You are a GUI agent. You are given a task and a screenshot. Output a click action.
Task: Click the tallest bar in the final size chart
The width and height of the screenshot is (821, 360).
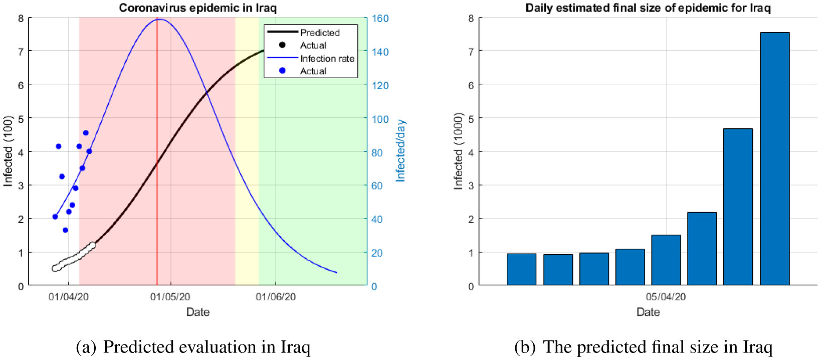pos(774,158)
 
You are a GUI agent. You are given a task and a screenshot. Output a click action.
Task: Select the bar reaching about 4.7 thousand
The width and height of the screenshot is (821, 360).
pos(738,207)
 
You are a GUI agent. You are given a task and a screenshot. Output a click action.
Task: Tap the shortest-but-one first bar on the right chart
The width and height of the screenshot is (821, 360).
pos(521,269)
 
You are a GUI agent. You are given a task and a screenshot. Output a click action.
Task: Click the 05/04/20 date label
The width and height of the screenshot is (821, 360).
pos(666,297)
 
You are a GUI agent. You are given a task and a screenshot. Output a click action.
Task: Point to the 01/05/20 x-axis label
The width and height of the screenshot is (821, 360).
pos(170,297)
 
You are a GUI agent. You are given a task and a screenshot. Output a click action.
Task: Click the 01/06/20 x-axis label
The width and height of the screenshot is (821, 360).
pos(276,297)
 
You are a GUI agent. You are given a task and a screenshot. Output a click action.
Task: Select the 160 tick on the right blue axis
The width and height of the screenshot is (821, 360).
pos(380,19)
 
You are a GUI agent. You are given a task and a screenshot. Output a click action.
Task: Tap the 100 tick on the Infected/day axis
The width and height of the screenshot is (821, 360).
pos(380,119)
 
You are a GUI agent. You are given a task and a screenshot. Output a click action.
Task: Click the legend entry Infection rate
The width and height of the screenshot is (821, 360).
pos(327,58)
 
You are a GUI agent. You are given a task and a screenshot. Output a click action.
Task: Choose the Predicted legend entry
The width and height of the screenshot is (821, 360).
pos(320,33)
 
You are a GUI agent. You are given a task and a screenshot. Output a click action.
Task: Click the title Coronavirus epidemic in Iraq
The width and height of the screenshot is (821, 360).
pos(197,8)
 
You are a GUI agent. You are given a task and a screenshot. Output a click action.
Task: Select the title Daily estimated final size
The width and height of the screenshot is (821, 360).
pos(648,8)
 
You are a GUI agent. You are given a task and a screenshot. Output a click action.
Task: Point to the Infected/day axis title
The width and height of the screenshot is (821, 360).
pos(400,150)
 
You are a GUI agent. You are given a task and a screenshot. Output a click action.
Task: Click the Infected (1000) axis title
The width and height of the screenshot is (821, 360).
pos(458,151)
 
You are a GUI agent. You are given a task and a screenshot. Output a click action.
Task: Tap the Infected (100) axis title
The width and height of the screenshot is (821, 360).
pos(8,151)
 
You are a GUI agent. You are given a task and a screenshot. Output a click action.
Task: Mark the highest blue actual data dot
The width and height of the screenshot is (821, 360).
pos(86,133)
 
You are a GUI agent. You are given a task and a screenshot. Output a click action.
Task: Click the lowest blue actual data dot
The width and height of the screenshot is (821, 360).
pos(65,230)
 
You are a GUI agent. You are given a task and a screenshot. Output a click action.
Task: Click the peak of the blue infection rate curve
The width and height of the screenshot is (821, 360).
pos(158,19)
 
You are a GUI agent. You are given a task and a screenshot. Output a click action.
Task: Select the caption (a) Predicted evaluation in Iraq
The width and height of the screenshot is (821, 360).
pos(193,347)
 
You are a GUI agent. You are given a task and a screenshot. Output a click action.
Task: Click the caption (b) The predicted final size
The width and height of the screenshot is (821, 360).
pos(643,347)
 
